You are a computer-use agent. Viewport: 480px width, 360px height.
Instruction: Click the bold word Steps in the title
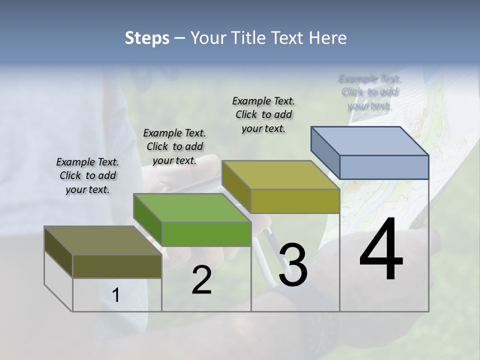(147, 38)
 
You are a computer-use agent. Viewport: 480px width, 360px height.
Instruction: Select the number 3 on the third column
(293, 265)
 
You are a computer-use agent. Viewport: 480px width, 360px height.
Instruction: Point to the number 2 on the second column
(201, 280)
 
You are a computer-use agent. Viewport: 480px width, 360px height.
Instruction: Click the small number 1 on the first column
(116, 295)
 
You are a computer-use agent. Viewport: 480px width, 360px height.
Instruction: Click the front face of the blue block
(384, 167)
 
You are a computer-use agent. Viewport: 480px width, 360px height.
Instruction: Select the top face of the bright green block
(192, 207)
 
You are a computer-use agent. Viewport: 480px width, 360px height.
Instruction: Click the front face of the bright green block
(206, 234)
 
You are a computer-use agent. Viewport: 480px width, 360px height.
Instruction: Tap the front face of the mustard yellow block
(295, 201)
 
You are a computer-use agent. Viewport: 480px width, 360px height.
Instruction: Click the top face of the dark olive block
(103, 240)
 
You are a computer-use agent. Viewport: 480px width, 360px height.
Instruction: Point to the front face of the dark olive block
(117, 266)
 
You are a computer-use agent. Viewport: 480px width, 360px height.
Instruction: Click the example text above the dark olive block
(87, 175)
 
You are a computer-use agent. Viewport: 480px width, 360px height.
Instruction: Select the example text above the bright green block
(174, 146)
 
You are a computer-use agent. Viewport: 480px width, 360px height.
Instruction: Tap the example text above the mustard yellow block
(263, 114)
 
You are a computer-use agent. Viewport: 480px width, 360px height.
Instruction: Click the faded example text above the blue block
(369, 92)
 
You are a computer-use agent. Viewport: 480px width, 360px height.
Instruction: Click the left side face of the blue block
(325, 152)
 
